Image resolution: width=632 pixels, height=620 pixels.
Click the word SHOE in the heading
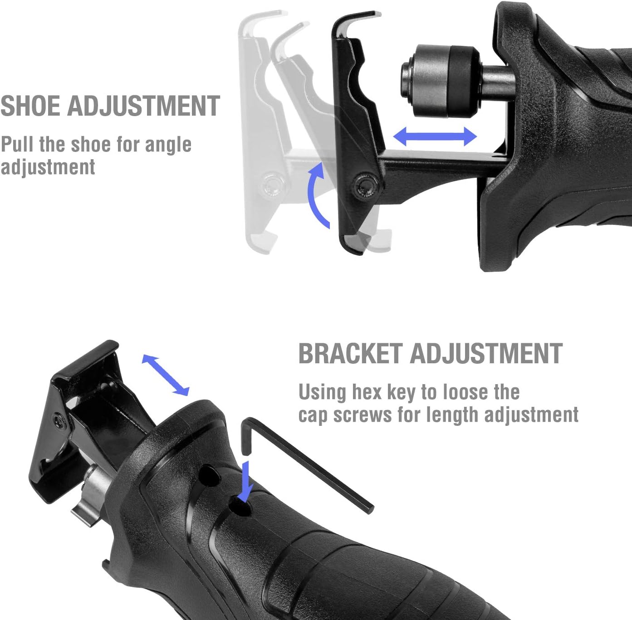coord(31,106)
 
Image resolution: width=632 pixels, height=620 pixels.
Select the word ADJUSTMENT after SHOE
coord(144,106)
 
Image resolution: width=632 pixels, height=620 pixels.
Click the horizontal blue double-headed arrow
coord(435,136)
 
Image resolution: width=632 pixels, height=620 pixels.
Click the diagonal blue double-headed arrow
coord(166,375)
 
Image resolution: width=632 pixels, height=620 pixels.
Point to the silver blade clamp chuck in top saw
coord(441,81)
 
